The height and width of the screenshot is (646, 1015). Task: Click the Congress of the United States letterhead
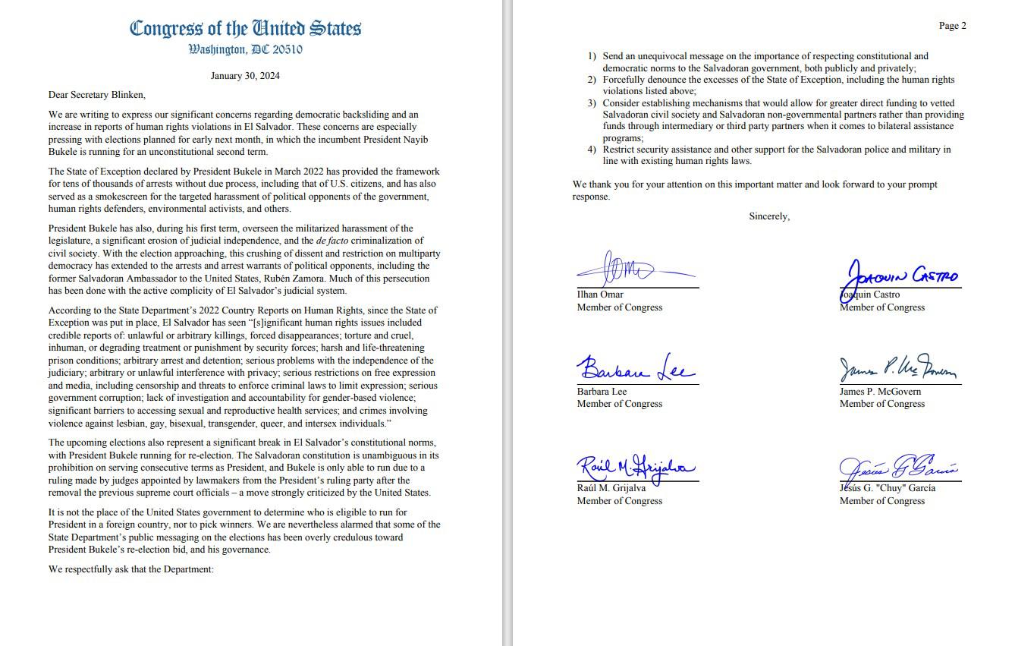(245, 29)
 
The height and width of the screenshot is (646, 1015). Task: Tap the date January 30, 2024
(245, 76)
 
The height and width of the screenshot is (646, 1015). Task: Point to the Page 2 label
(952, 26)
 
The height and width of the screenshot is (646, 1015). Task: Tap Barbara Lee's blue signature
(634, 369)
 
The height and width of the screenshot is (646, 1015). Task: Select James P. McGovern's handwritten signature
(897, 370)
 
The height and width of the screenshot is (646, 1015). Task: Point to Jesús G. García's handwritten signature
(897, 466)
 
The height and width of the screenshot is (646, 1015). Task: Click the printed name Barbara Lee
(602, 392)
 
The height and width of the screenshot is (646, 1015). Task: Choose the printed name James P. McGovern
(880, 392)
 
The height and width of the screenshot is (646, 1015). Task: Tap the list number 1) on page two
(592, 56)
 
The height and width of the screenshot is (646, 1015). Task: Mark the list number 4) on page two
(592, 150)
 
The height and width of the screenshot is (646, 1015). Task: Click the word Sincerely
(769, 216)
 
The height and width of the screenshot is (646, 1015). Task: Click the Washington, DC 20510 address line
(245, 50)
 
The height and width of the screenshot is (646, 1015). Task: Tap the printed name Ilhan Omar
(600, 295)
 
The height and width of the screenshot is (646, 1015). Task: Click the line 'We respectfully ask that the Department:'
(131, 569)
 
